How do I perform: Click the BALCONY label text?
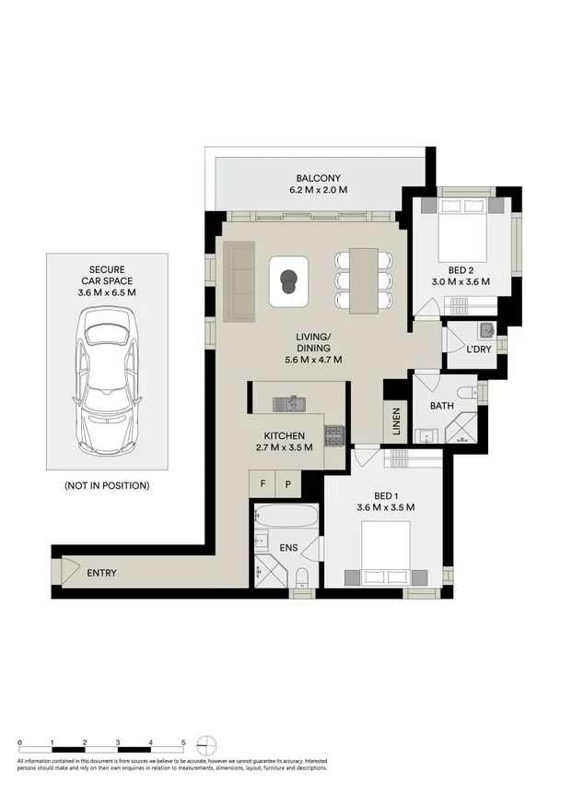(x=319, y=178)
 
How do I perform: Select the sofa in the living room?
(x=239, y=281)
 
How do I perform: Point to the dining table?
(x=364, y=279)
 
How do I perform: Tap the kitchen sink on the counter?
(x=293, y=403)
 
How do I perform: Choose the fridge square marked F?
(x=263, y=483)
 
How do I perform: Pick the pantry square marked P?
(x=287, y=483)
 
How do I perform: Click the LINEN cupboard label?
(x=396, y=422)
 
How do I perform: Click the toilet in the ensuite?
(x=302, y=577)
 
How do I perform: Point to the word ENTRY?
(x=101, y=573)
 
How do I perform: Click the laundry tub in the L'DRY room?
(x=485, y=330)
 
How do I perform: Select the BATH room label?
(x=443, y=405)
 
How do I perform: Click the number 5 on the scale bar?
(x=183, y=742)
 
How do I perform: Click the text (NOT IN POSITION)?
(x=107, y=485)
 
